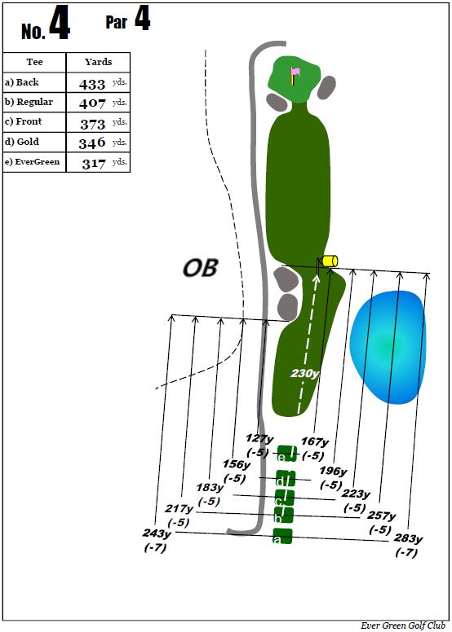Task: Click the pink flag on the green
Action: point(295,72)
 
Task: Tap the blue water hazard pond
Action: point(388,347)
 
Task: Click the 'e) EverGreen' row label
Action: point(32,162)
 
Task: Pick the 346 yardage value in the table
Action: point(92,143)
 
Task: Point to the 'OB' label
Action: point(201,268)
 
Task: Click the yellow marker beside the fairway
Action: point(329,261)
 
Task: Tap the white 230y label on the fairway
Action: point(304,374)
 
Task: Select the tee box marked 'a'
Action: point(282,537)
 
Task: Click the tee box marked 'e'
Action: point(287,454)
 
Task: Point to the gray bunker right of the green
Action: point(326,87)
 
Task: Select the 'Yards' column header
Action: point(98,62)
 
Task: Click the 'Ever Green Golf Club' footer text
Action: point(403,625)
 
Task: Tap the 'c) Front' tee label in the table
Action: point(23,121)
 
